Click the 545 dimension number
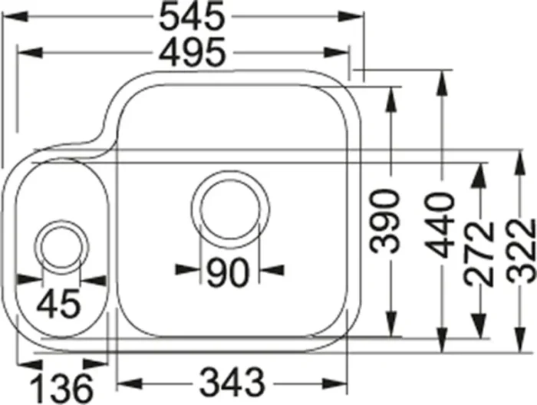[x=192, y=16]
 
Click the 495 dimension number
[x=193, y=52]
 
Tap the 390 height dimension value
[x=385, y=222]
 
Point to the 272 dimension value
[x=479, y=254]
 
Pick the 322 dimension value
[x=521, y=251]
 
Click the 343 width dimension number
[x=232, y=382]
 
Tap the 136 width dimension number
[x=61, y=389]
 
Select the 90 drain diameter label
[x=227, y=272]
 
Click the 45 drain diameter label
[x=58, y=303]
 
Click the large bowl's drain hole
[x=230, y=209]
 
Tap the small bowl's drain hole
[x=61, y=247]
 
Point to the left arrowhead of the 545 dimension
[x=15, y=16]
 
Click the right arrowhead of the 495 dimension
[x=337, y=52]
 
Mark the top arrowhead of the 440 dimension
[x=442, y=83]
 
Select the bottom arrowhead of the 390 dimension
[x=390, y=324]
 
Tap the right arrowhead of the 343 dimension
[x=334, y=384]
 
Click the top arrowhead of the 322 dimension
[x=520, y=163]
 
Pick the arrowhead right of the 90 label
[x=272, y=270]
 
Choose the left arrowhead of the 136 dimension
[x=29, y=364]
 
